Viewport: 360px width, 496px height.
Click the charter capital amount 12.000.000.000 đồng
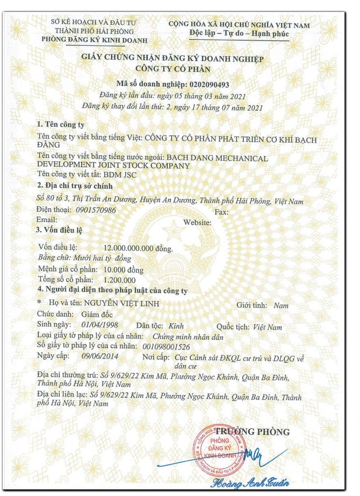pyautogui.click(x=138, y=248)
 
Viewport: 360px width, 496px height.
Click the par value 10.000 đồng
pyautogui.click(x=124, y=270)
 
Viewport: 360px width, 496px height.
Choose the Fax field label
pyautogui.click(x=222, y=212)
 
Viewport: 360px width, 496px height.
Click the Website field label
pyautogui.click(x=198, y=222)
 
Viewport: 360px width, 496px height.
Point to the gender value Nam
pyautogui.click(x=281, y=306)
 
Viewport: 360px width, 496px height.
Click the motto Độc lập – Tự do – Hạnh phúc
pyautogui.click(x=239, y=34)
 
